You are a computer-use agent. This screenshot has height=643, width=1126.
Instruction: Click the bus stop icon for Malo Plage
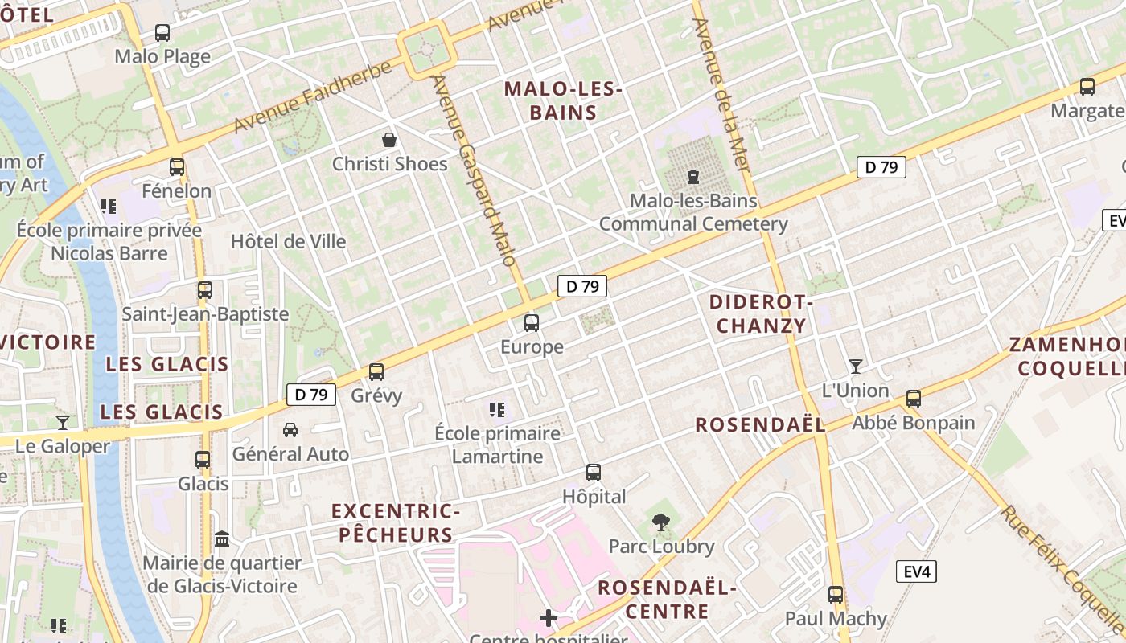[162, 33]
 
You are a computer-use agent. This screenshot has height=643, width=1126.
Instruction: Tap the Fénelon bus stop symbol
[177, 167]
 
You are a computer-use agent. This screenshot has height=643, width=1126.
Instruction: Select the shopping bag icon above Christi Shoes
[389, 140]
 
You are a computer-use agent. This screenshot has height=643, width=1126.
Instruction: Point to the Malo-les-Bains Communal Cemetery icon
[693, 176]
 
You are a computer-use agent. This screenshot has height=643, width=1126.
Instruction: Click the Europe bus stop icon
[532, 323]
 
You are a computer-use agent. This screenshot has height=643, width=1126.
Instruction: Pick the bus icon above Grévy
[376, 372]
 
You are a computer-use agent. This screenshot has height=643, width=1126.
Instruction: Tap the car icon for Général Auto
[290, 430]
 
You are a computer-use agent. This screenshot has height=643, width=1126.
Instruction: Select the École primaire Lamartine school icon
[497, 410]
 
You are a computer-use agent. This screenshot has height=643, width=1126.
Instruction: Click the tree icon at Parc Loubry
[661, 522]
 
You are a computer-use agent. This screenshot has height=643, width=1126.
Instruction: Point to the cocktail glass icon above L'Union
[856, 367]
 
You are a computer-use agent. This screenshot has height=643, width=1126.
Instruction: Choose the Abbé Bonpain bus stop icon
[914, 399]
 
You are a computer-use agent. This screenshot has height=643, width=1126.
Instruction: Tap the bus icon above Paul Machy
[836, 595]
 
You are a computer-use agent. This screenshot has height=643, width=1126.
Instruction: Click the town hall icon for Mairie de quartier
[222, 539]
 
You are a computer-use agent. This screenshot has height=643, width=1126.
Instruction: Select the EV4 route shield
[917, 571]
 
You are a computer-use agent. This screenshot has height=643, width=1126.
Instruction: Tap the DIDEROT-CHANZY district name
[761, 314]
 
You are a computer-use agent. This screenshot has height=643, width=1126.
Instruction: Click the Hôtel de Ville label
[288, 241]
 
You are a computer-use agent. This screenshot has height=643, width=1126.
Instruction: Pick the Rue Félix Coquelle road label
[1062, 571]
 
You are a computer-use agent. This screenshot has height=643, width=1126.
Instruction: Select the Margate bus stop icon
[1087, 87]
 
